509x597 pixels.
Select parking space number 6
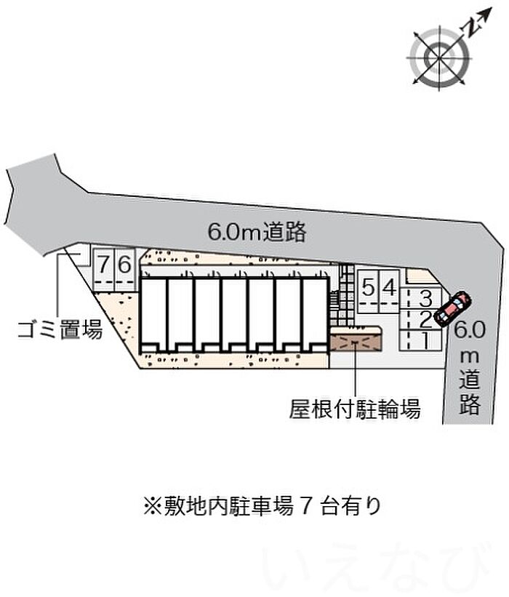click(x=125, y=270)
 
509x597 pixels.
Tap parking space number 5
click(x=367, y=292)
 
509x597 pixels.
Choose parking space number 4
click(x=389, y=292)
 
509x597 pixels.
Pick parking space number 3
click(x=421, y=298)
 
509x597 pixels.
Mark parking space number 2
click(x=421, y=319)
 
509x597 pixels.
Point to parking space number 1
click(x=421, y=340)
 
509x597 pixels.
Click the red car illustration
click(x=453, y=308)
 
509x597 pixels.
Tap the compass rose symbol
click(x=440, y=58)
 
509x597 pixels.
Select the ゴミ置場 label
click(x=60, y=329)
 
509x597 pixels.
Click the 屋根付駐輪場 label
click(x=355, y=409)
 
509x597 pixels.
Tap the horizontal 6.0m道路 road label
click(x=257, y=231)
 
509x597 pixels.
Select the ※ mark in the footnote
click(x=152, y=506)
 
